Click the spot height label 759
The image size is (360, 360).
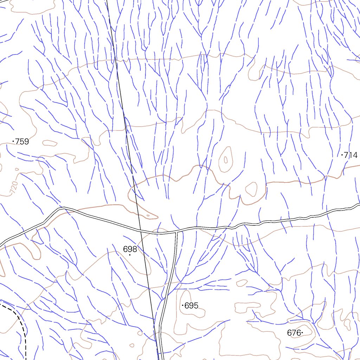22,142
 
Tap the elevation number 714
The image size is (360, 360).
351,155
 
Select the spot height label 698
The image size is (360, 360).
130,249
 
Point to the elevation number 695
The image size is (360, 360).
191,306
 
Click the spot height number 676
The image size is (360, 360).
294,333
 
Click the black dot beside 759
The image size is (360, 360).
13,141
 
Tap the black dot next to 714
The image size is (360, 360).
342,155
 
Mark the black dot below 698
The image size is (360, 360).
130,255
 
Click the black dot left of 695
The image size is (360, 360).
182,306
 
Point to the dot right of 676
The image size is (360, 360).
302,333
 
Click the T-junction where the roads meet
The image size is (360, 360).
176,232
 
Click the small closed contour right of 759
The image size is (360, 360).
50,143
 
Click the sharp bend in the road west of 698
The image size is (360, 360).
63,208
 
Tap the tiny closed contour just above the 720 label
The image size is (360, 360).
17,169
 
